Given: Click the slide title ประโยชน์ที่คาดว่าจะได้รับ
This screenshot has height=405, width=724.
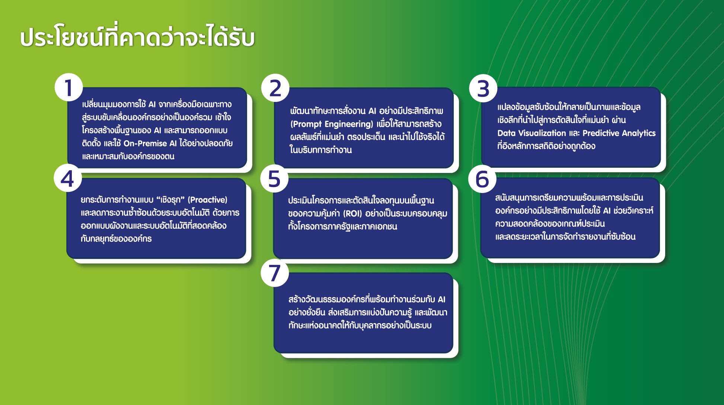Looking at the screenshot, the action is tap(137, 37).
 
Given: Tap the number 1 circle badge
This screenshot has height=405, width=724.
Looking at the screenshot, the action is tap(69, 88).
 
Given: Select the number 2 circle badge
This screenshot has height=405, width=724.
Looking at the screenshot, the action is tap(275, 88).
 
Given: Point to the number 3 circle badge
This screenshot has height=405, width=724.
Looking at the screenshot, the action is tap(483, 89).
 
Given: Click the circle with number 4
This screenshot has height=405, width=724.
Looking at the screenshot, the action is tap(68, 178).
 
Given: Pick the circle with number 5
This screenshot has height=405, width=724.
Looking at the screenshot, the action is tap(274, 179).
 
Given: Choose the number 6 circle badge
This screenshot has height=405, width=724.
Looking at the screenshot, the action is tap(482, 179).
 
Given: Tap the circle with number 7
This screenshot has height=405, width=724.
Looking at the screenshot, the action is tap(275, 273).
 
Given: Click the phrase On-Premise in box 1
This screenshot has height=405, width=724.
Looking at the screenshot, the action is tap(145, 144).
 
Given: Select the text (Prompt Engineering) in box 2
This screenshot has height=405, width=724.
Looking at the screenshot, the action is tap(332, 124).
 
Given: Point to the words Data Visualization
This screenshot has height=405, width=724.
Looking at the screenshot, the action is tap(532, 133).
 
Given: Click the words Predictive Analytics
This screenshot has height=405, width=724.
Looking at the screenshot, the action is tap(619, 133).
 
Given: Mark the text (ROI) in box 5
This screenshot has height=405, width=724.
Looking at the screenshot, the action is tap(353, 214).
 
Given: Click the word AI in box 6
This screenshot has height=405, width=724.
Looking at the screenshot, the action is tap(607, 211).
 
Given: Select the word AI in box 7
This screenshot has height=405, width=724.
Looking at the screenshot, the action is tap(441, 300).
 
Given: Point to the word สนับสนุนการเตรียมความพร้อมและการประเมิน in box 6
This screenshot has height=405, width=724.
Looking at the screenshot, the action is tap(569, 198).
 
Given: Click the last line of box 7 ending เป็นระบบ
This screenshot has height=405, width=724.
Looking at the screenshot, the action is tap(360, 325).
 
